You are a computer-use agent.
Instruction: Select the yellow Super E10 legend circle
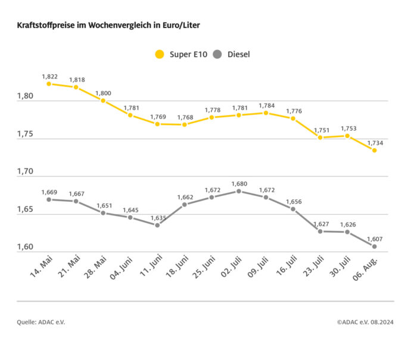click(x=159, y=55)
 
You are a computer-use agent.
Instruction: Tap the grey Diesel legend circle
click(x=217, y=55)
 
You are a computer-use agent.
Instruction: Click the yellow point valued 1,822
click(x=49, y=84)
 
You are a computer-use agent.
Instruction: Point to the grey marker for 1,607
click(x=374, y=246)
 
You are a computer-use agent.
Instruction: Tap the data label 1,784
click(x=266, y=105)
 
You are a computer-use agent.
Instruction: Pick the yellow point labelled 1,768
click(x=185, y=124)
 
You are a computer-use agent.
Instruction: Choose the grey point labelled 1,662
click(x=185, y=205)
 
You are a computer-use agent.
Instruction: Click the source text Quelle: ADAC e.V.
click(x=41, y=322)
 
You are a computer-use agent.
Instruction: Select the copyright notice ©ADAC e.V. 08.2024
click(x=365, y=322)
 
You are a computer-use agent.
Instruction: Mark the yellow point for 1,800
click(x=103, y=101)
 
